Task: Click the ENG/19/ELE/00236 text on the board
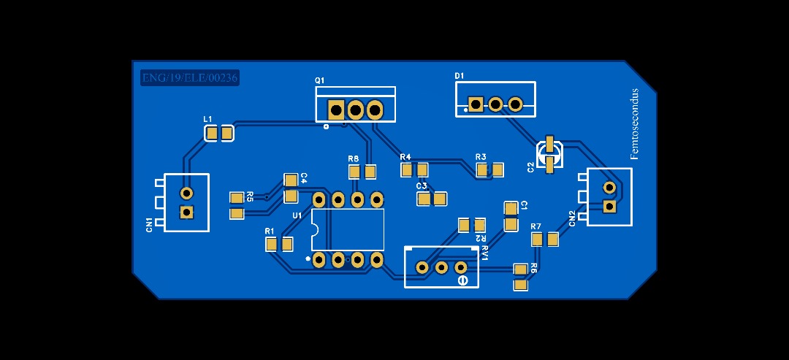pyautogui.click(x=190, y=77)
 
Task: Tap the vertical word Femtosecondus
pyautogui.click(x=634, y=124)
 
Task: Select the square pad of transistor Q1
pyautogui.click(x=336, y=110)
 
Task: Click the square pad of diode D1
pyautogui.click(x=476, y=104)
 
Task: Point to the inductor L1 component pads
pyautogui.click(x=218, y=133)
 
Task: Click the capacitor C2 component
pyautogui.click(x=549, y=155)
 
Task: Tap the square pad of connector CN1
pyautogui.click(x=186, y=212)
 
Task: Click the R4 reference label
pyautogui.click(x=405, y=157)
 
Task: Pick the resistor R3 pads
pyautogui.click(x=489, y=170)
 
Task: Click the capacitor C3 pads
pyautogui.click(x=431, y=199)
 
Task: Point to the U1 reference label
pyautogui.click(x=297, y=215)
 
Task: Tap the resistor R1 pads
pyautogui.click(x=279, y=244)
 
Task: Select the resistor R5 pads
pyautogui.click(x=236, y=206)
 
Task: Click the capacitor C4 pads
pyautogui.click(x=291, y=188)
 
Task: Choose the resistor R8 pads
pyautogui.click(x=362, y=172)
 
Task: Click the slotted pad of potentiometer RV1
pyautogui.click(x=462, y=280)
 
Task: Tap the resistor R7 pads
pyautogui.click(x=544, y=239)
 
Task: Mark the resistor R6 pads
pyautogui.click(x=520, y=277)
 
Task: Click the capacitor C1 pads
pyautogui.click(x=511, y=217)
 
